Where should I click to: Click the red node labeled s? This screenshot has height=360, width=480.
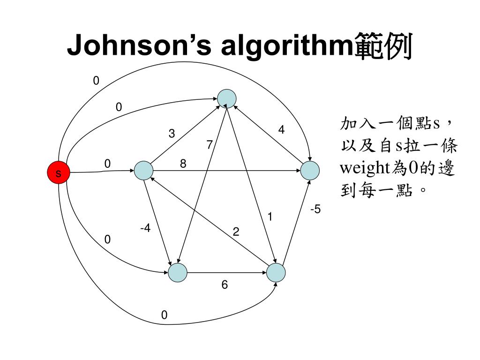[58, 173]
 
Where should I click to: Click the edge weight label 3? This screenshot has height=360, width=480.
[172, 134]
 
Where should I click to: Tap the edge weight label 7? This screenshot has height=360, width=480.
[210, 145]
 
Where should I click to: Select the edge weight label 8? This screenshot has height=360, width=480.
[183, 164]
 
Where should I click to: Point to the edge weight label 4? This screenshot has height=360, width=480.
[281, 130]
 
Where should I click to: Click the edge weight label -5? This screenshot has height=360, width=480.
[315, 210]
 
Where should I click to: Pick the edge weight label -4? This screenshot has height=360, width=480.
[145, 229]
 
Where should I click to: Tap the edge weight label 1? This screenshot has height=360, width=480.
[270, 217]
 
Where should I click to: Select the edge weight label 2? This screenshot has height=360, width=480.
[236, 232]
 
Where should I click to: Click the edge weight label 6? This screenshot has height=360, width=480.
[225, 285]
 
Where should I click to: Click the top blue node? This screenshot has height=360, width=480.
[226, 98]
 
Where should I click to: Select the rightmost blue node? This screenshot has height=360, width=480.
[309, 171]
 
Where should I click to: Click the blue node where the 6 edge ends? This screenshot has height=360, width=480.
[276, 272]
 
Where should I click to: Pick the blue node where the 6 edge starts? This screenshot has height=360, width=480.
[178, 272]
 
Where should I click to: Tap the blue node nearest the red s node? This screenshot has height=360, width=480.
[143, 171]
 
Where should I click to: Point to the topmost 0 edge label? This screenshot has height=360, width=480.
[96, 81]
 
